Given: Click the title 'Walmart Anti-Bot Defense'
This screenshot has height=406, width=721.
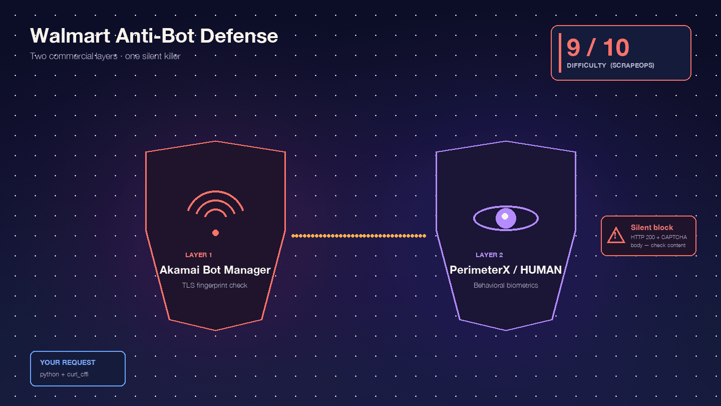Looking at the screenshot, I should tap(154, 36).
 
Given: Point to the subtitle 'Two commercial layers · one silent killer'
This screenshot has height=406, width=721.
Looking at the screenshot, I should tap(105, 56).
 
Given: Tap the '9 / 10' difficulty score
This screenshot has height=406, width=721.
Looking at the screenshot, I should tap(597, 48).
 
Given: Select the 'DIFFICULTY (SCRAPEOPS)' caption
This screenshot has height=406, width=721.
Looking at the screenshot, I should tap(610, 66).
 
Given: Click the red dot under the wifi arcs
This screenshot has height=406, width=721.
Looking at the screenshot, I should tap(216, 233).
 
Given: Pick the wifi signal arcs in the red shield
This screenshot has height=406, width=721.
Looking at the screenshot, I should tap(215, 203).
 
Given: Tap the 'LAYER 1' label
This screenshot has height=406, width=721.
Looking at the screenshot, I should tap(199, 255).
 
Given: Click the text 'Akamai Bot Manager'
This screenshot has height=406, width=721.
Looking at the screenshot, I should tap(215, 270).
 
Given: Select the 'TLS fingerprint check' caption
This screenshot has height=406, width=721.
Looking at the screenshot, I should tap(215, 285).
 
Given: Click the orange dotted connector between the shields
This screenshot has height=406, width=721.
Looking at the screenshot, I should tap(358, 236).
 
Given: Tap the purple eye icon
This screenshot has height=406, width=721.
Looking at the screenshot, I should tap(506, 219).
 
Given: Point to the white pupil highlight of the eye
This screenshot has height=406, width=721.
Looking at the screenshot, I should tap(505, 216).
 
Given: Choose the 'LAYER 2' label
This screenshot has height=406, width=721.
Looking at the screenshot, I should tap(489, 255).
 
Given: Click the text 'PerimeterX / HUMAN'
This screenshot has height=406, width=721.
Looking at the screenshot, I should tap(506, 270).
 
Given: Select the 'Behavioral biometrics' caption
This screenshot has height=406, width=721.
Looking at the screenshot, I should tap(506, 285).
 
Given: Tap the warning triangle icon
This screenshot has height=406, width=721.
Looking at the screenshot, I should tap(615, 235).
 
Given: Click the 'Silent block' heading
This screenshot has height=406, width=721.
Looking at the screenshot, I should tap(652, 228).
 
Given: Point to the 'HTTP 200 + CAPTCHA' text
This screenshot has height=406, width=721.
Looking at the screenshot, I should tap(659, 237).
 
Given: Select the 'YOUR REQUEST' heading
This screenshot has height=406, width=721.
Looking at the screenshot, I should tap(68, 362).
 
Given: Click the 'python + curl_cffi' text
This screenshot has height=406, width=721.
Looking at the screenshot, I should tap(64, 374).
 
